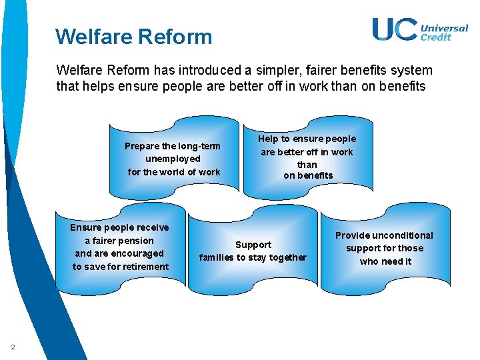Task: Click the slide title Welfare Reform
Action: click(133, 36)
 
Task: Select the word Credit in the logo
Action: click(435, 37)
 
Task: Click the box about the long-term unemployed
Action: click(173, 159)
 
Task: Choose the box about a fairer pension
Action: click(121, 247)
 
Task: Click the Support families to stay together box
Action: click(253, 251)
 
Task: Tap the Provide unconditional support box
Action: click(385, 248)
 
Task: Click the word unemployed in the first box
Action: click(173, 159)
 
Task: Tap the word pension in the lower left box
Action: click(136, 241)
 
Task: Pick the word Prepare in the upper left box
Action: click(142, 146)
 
